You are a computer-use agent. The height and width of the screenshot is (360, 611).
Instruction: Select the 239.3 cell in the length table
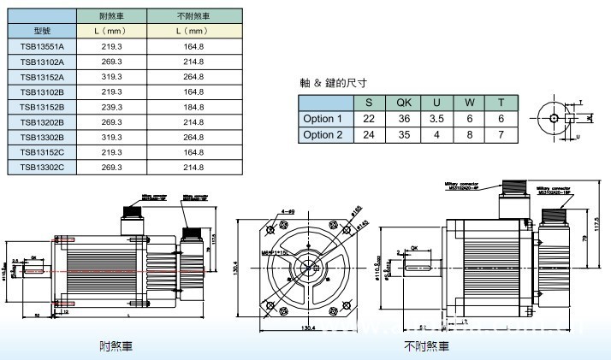point(112,107)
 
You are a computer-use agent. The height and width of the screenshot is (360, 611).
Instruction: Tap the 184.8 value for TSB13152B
point(193,107)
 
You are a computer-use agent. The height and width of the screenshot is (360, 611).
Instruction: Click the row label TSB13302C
point(42,167)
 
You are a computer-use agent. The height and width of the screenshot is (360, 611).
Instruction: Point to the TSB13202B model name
point(42,121)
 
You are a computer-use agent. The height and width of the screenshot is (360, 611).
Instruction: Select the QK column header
point(404,103)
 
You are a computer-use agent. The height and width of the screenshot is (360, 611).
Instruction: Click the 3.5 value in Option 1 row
point(437,119)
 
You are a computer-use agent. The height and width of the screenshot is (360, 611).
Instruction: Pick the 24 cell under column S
point(370,134)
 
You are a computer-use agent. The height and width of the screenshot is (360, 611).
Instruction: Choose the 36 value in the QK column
point(404,119)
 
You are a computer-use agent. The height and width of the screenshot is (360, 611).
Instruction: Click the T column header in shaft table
point(501,103)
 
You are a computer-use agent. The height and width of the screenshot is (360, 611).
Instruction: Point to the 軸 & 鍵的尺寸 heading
point(333,83)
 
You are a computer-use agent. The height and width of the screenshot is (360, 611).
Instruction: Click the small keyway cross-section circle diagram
point(555,118)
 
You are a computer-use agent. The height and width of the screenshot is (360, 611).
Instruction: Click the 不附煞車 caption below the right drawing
point(426,346)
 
